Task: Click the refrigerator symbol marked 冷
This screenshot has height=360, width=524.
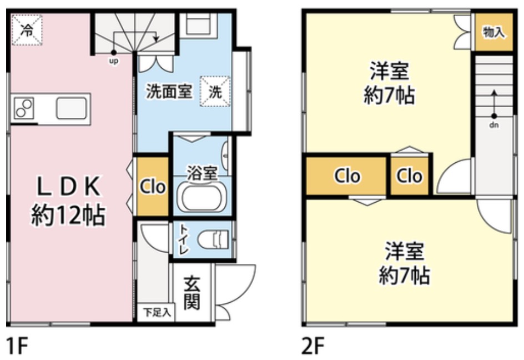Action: (x=27, y=30)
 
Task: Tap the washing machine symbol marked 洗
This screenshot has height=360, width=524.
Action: (x=215, y=91)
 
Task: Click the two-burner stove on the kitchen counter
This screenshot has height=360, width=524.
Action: (x=24, y=108)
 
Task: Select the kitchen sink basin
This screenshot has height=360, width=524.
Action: (x=71, y=108)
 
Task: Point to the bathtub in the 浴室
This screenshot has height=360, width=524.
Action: (x=202, y=198)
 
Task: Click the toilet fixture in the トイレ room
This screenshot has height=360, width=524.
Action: (x=213, y=239)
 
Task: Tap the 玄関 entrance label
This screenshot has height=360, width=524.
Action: (x=192, y=293)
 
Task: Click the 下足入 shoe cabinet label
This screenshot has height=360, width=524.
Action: (x=157, y=312)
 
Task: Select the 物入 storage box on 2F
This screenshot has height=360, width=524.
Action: (x=493, y=32)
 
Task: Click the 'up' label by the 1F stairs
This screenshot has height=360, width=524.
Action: (x=114, y=61)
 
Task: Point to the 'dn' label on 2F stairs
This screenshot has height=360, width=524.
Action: (x=494, y=125)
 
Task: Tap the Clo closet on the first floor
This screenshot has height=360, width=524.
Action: (x=153, y=187)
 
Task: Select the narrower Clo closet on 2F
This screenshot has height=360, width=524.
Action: (x=410, y=176)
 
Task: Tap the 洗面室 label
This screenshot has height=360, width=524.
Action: (x=169, y=91)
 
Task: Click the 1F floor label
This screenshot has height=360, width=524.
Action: (x=17, y=346)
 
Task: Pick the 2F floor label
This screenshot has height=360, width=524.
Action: (x=313, y=346)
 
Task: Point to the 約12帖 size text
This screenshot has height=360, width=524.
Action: (x=68, y=215)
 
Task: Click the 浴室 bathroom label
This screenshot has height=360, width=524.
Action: (x=202, y=173)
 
